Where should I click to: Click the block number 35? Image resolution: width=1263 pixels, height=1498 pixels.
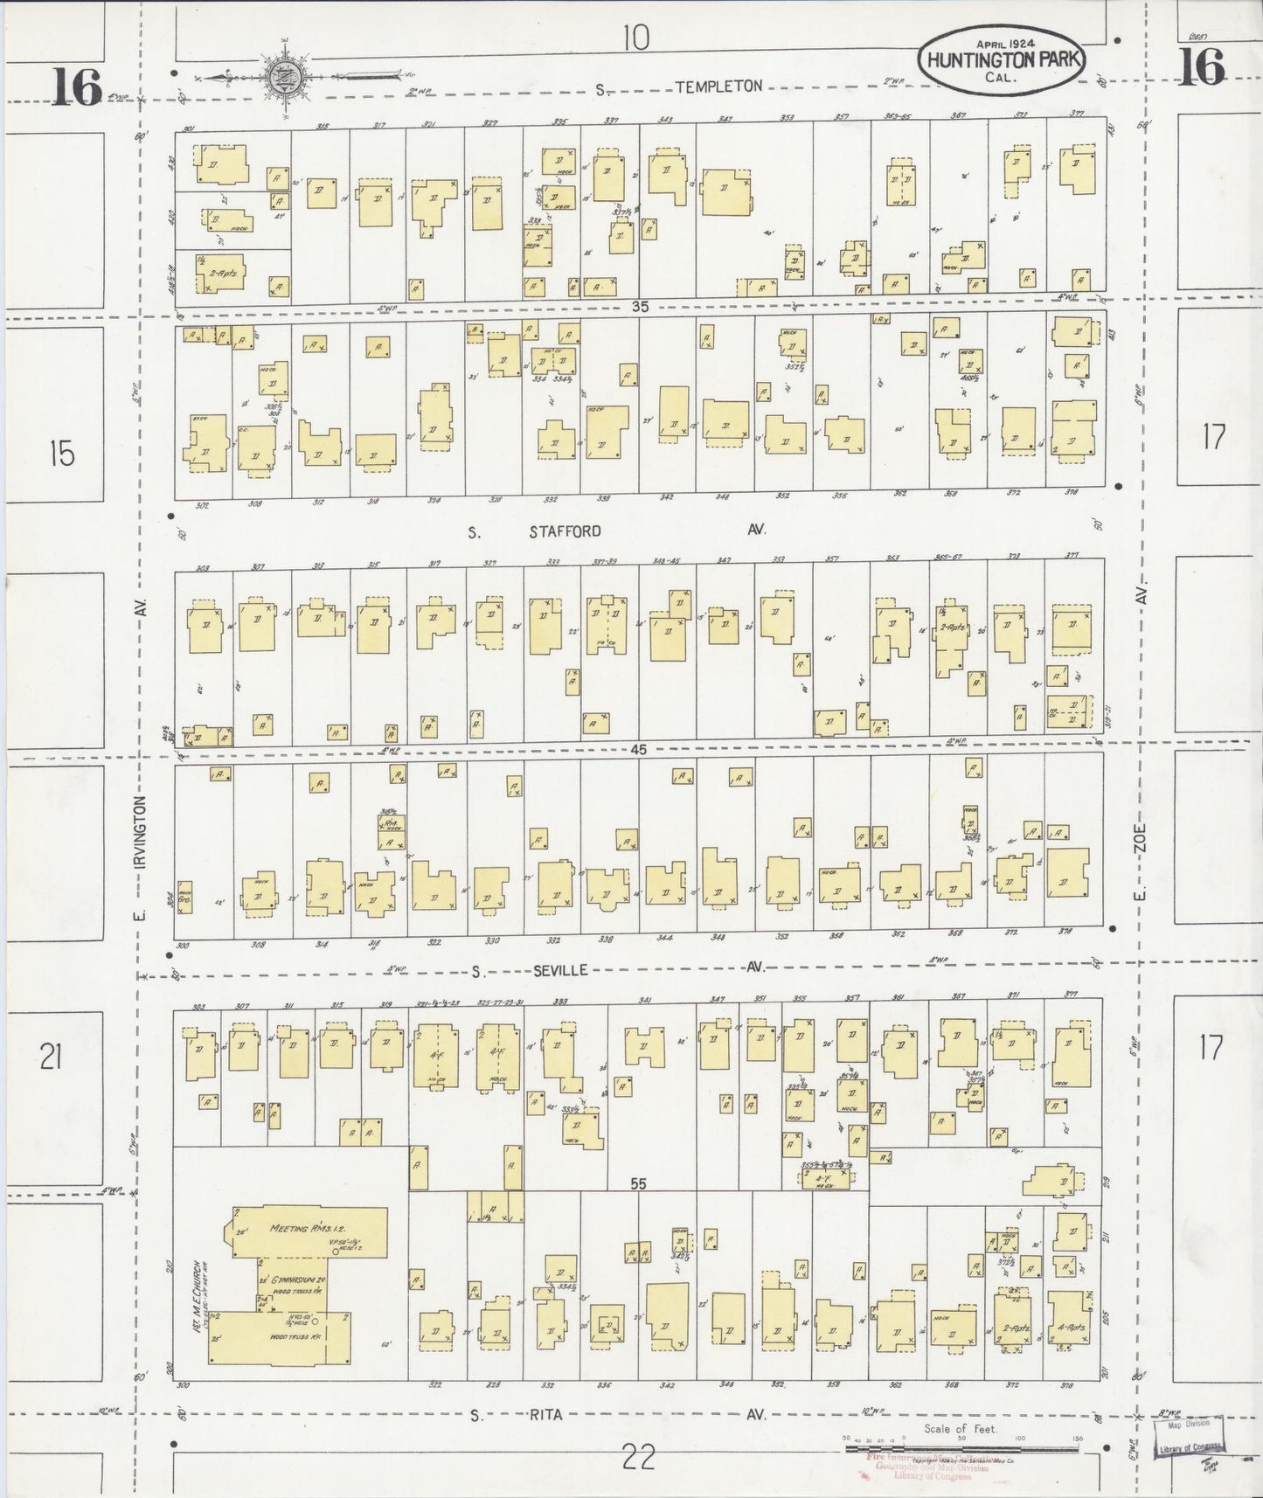[641, 306]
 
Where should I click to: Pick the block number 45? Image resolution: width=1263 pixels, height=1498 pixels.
[641, 749]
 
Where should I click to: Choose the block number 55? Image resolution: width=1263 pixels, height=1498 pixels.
[639, 1183]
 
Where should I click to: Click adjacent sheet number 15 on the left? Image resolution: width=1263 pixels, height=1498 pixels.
[62, 454]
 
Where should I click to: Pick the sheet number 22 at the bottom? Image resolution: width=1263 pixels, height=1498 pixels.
[639, 1457]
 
